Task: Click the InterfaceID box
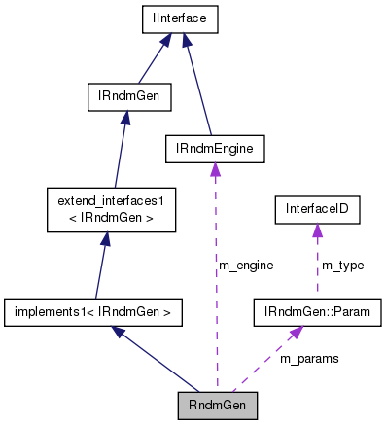point(316,208)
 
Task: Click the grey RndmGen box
point(218,406)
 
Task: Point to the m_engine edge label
point(245,265)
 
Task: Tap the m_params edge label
point(309,359)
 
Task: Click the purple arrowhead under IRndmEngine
point(215,170)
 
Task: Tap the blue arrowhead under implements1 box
point(118,333)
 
